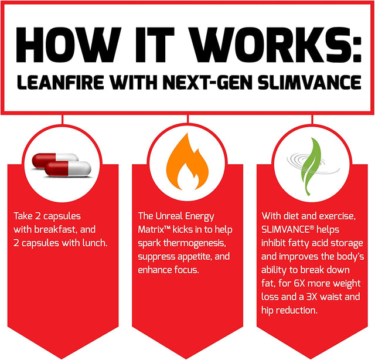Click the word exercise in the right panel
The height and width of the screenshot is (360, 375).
pos(335,215)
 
